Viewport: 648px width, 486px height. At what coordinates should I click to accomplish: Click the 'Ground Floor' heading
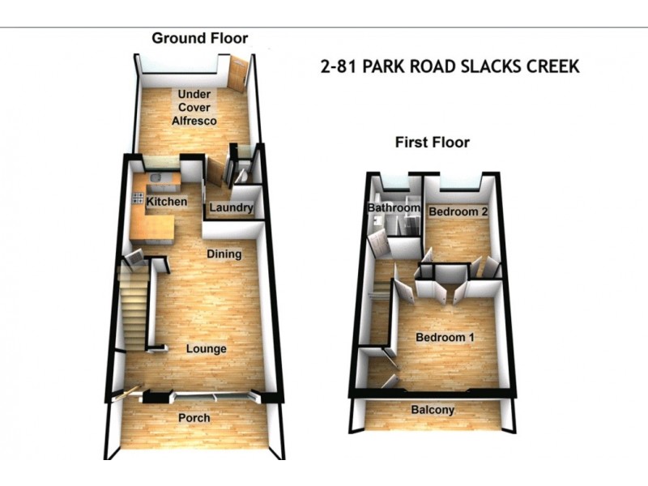coord(199,38)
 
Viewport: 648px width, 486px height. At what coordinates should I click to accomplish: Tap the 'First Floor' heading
coord(432,143)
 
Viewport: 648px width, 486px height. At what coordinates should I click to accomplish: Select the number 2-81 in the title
coord(339,66)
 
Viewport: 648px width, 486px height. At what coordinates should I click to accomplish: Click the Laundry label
coord(231,208)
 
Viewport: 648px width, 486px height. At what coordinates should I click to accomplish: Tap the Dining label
coord(224,254)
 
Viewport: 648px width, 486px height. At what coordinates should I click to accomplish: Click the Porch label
coord(194,418)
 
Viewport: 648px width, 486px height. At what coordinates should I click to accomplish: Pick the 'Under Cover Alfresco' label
coord(194,108)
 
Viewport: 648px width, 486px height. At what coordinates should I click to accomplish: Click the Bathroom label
coord(393,208)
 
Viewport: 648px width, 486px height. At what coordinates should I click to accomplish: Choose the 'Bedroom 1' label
coord(444,337)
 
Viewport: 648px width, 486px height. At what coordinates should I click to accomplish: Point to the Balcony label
coord(433,410)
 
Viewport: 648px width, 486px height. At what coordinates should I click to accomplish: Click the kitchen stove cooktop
coord(138,198)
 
